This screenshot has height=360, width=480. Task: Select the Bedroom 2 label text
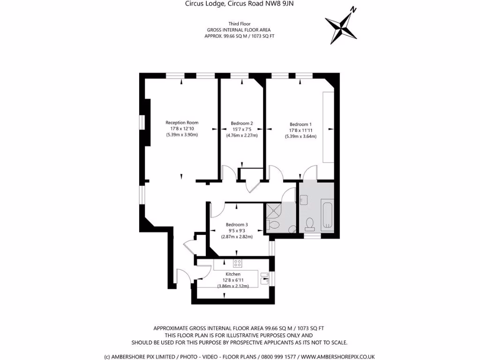(x=242, y=123)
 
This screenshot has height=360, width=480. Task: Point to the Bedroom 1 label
(x=300, y=124)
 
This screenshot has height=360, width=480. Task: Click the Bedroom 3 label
(x=237, y=224)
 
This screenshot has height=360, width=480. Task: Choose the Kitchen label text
(x=233, y=274)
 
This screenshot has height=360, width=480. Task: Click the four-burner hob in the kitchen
(x=238, y=263)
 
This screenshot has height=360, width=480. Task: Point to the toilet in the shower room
(x=274, y=226)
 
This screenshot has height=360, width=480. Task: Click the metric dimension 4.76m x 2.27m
(x=242, y=135)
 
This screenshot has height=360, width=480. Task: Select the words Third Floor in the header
(x=240, y=23)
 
